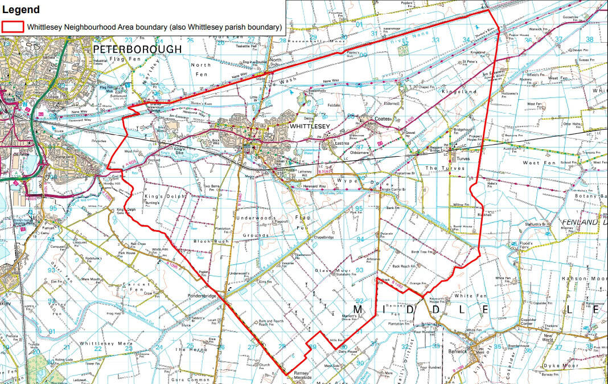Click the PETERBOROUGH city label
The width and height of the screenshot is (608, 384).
(137, 50)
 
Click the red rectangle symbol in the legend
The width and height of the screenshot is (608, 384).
(13, 27)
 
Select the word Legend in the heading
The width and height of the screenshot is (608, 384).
(21, 9)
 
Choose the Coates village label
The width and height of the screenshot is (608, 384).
(384, 119)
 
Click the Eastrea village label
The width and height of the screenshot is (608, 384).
(340, 144)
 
